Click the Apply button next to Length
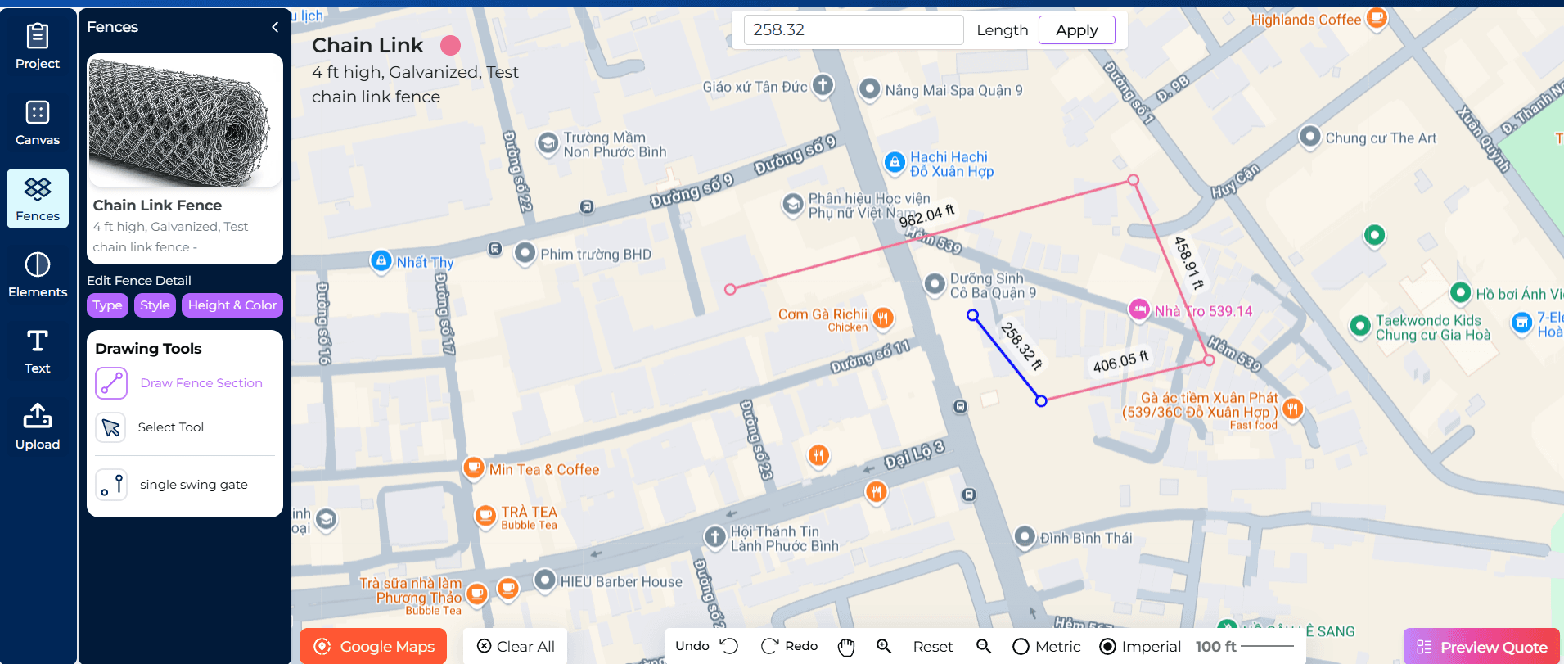pyautogui.click(x=1076, y=30)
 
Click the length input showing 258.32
pyautogui.click(x=852, y=30)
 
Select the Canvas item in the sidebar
pyautogui.click(x=38, y=123)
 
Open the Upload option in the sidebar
pyautogui.click(x=38, y=427)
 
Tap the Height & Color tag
pyautogui.click(x=232, y=305)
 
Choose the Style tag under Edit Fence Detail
pyautogui.click(x=155, y=305)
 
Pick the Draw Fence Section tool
pyautogui.click(x=201, y=383)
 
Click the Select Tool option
pyautogui.click(x=170, y=427)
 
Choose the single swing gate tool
pyautogui.click(x=193, y=485)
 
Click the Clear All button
pyautogui.click(x=516, y=647)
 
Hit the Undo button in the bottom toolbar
pyautogui.click(x=706, y=646)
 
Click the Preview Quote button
pyautogui.click(x=1481, y=647)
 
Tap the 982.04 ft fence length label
pyautogui.click(x=926, y=217)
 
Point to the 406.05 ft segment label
pyautogui.click(x=1120, y=361)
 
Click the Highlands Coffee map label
pyautogui.click(x=1305, y=20)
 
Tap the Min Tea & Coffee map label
pyautogui.click(x=543, y=470)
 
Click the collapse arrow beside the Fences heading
pyautogui.click(x=275, y=27)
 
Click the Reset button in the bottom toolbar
pyautogui.click(x=932, y=647)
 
